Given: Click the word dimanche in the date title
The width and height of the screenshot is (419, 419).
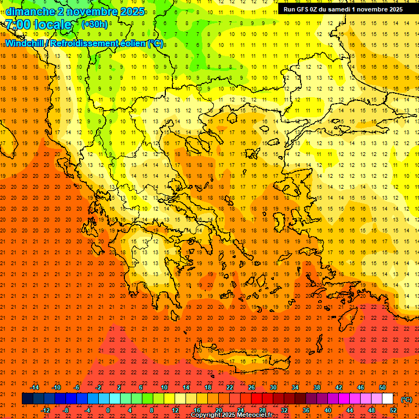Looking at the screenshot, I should (30, 11).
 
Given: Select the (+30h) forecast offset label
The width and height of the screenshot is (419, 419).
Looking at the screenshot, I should (94, 24).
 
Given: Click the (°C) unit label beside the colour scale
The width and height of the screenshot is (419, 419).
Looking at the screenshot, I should (406, 399).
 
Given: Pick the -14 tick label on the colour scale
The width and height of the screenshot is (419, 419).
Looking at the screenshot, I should (34, 387).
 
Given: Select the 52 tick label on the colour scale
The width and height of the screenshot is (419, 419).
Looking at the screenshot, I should (393, 410).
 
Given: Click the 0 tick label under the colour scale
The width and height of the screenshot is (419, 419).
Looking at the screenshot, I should (108, 410).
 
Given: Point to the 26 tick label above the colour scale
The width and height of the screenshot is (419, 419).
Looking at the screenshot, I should (251, 387).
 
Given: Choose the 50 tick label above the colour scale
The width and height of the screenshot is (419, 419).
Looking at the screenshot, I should (382, 387).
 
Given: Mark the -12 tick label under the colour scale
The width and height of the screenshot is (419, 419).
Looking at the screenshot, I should (45, 410).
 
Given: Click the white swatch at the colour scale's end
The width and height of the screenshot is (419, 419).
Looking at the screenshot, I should (388, 399).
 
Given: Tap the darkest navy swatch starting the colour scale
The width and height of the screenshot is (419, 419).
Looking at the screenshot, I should (28, 399).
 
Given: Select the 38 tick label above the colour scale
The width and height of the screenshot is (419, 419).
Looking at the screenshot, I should (316, 387).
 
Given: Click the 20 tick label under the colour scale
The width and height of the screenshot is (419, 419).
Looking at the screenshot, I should (218, 410).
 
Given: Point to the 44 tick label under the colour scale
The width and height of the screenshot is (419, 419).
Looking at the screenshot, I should (350, 410).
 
